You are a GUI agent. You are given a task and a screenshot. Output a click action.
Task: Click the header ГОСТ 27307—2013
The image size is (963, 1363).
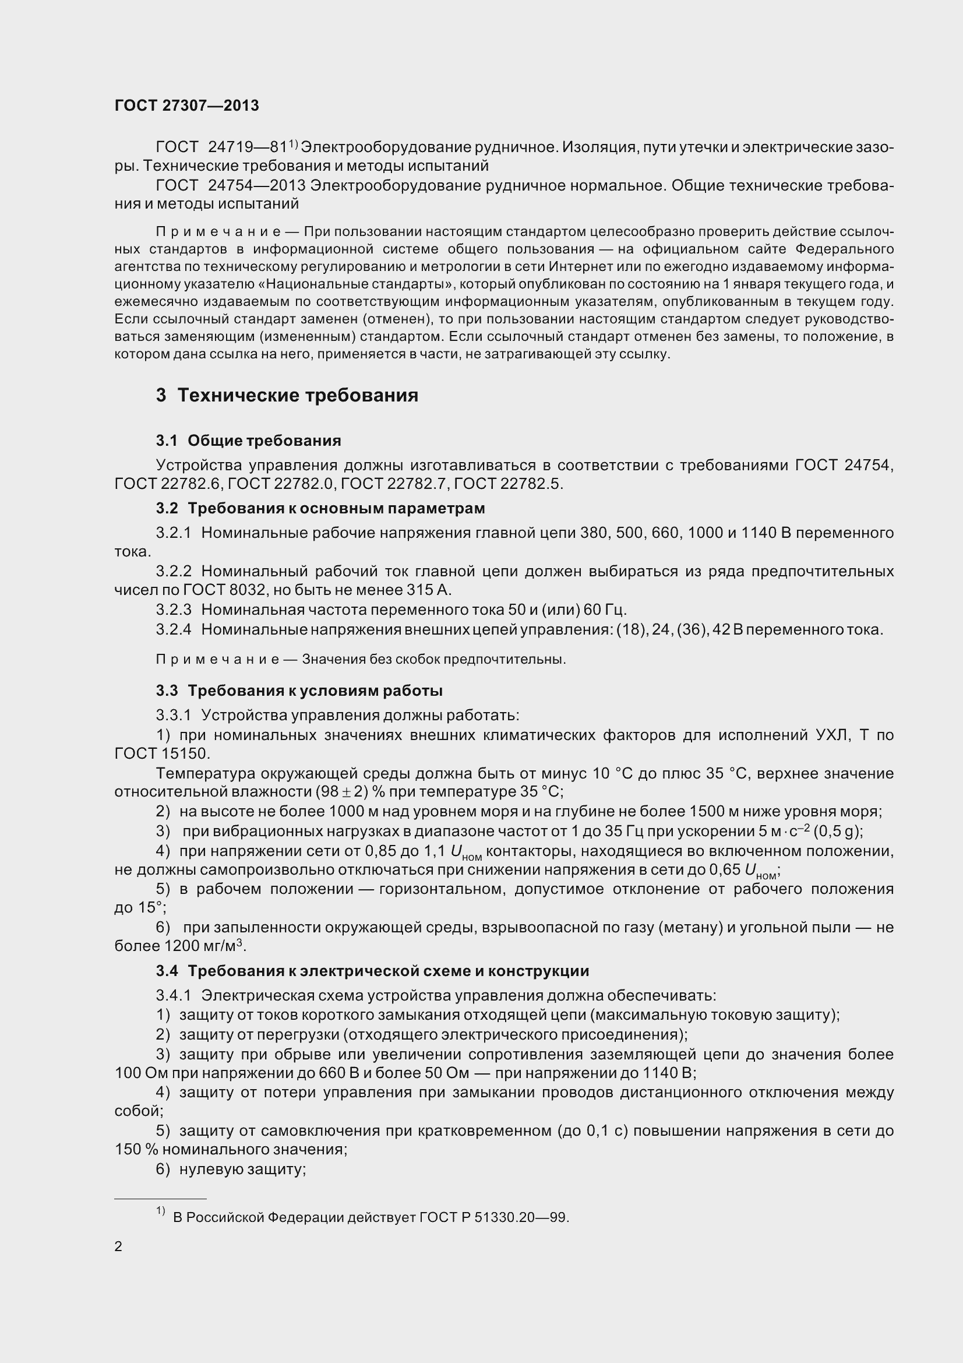point(186,105)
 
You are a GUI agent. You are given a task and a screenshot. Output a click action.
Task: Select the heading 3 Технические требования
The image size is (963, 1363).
point(287,395)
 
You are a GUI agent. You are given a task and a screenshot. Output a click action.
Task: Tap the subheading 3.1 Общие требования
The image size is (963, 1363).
point(249,441)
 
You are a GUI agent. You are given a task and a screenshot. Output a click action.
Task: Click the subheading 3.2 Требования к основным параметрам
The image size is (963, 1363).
point(320,508)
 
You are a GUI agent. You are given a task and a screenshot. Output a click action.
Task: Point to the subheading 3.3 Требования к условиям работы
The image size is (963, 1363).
point(299,691)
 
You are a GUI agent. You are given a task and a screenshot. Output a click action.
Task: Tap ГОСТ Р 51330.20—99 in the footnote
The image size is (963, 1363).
point(493,1217)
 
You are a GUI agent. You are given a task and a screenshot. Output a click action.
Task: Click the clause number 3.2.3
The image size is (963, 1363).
point(174,610)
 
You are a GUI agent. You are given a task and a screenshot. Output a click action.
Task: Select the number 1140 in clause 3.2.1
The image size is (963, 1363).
point(751,533)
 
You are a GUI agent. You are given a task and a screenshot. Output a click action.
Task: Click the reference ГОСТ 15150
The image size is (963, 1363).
point(161,754)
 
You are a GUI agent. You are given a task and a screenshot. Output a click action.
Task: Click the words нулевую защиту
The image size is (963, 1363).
point(242,1170)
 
